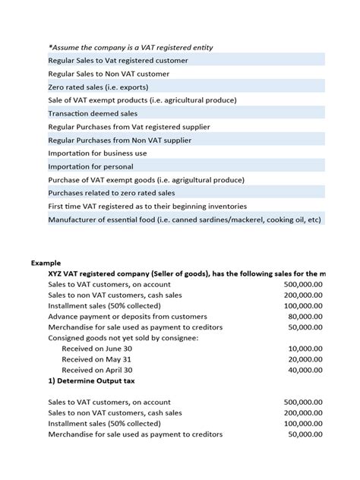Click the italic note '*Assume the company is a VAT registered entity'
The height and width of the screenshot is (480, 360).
click(x=131, y=47)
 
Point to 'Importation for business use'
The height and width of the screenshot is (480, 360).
click(x=97, y=153)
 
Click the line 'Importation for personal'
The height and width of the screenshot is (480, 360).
click(x=90, y=166)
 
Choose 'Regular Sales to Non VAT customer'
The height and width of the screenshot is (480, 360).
click(x=109, y=74)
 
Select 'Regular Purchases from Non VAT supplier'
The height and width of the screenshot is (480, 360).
click(x=120, y=140)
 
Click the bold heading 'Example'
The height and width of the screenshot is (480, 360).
click(x=46, y=262)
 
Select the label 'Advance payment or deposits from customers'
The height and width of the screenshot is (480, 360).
click(x=127, y=316)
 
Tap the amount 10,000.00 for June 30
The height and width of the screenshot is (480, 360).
click(x=306, y=348)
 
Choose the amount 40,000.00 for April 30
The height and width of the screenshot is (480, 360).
click(x=306, y=370)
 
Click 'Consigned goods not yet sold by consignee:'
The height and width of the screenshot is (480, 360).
click(x=123, y=337)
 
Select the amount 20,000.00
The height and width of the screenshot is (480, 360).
click(x=306, y=359)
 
